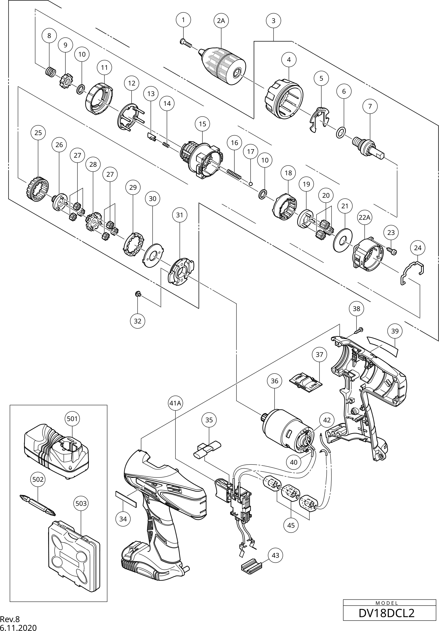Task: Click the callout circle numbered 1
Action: tap(183, 20)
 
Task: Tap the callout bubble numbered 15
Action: tap(202, 124)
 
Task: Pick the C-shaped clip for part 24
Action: tap(413, 271)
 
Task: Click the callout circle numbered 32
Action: tap(138, 321)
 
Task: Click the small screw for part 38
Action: tap(359, 330)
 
